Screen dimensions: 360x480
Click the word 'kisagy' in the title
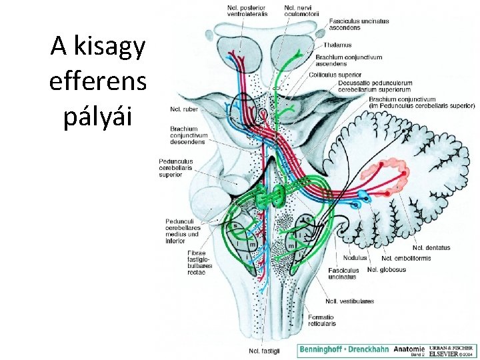(x=109, y=47)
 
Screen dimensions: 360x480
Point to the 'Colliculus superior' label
(x=335, y=75)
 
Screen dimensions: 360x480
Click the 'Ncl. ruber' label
(x=183, y=109)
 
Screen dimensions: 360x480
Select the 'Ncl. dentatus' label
(x=431, y=248)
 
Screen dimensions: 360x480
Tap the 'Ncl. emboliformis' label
(x=406, y=258)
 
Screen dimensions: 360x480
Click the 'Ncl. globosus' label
(x=387, y=270)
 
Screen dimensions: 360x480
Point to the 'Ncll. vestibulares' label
(x=349, y=301)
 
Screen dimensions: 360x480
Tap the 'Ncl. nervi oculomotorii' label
(x=301, y=11)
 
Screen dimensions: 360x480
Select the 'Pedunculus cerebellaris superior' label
(x=176, y=168)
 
